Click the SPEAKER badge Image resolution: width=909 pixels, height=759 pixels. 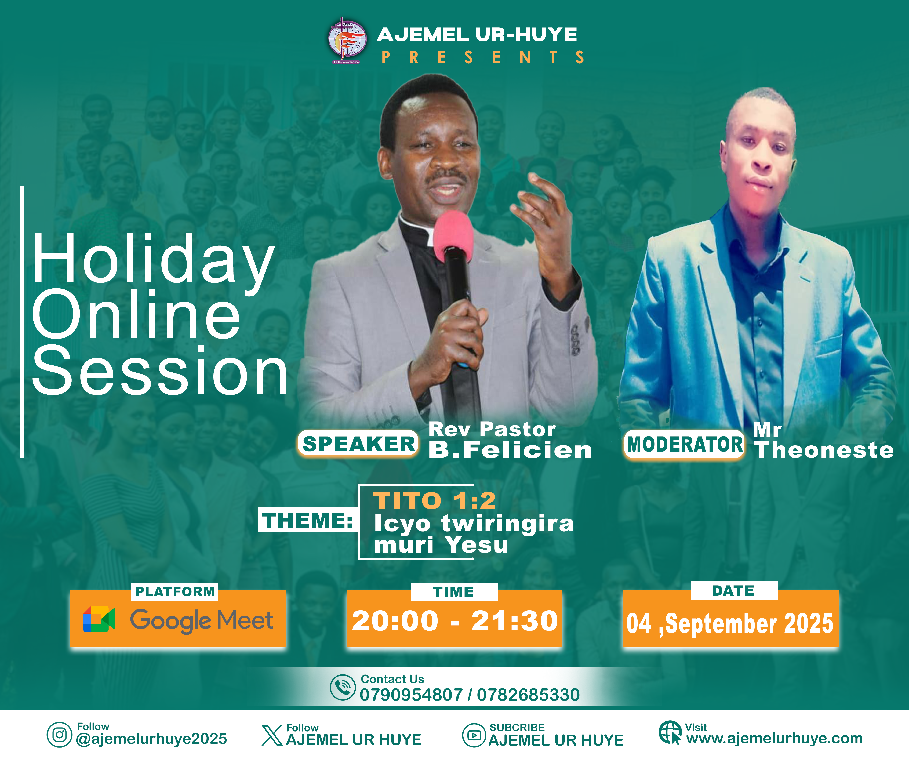point(358,444)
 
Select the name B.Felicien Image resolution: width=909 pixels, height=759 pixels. point(510,450)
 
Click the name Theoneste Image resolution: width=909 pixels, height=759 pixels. point(823,450)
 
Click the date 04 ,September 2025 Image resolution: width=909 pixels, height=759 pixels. point(730,623)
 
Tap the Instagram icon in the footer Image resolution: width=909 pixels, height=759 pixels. point(59,735)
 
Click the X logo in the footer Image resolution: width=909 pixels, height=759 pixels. point(272,736)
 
